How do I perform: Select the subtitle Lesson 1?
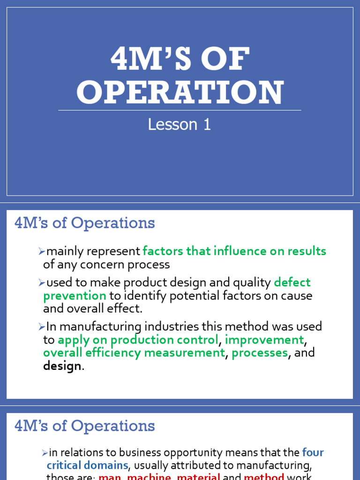click(x=180, y=124)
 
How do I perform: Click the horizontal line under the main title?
click(x=180, y=111)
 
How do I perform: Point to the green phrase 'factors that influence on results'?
click(x=234, y=251)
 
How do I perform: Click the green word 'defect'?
click(x=292, y=283)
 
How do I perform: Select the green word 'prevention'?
click(x=75, y=296)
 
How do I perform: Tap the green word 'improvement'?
click(x=264, y=339)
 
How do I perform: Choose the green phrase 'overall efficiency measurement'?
click(x=134, y=353)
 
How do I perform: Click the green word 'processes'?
click(x=260, y=353)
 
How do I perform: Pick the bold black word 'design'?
click(x=62, y=366)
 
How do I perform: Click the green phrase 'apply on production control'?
click(x=138, y=339)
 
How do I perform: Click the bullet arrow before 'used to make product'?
click(x=42, y=283)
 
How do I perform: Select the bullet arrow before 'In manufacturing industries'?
click(x=42, y=327)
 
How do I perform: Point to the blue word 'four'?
click(x=313, y=453)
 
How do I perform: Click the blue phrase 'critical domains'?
click(x=87, y=465)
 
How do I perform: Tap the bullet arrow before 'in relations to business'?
click(x=45, y=453)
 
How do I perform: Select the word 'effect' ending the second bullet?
click(x=126, y=309)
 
